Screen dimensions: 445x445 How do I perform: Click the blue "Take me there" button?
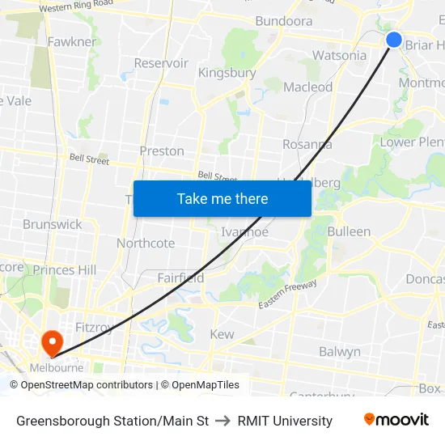tap(222, 199)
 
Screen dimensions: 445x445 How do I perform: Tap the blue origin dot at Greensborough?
tap(394, 40)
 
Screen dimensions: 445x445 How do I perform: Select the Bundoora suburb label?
tap(284, 21)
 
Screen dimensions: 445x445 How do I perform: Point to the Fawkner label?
tap(72, 41)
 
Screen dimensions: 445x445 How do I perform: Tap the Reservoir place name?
tap(161, 63)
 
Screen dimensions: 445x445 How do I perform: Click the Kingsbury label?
tap(227, 73)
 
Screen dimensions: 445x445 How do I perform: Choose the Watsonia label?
tap(339, 56)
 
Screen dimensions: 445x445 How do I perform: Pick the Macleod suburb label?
tap(308, 87)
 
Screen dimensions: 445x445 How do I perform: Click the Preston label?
tap(162, 150)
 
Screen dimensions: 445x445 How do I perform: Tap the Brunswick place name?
tap(53, 224)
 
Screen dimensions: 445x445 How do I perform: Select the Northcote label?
tap(146, 243)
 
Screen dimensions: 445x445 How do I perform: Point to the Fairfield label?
tap(180, 278)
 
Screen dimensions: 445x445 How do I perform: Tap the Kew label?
tap(222, 334)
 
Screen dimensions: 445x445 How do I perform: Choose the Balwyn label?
tap(340, 352)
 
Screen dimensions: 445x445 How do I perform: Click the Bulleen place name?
tap(349, 231)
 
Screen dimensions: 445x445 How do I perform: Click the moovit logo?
tap(396, 420)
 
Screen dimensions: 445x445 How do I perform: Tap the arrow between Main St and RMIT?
tap(223, 421)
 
